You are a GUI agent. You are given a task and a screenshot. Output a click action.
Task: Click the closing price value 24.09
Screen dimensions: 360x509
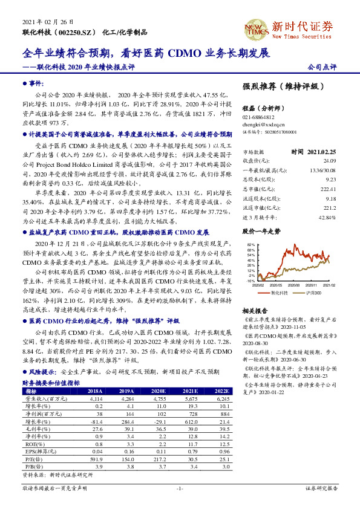coord(329,161)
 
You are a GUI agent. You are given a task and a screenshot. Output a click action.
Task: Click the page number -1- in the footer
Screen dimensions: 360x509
coord(180,487)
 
